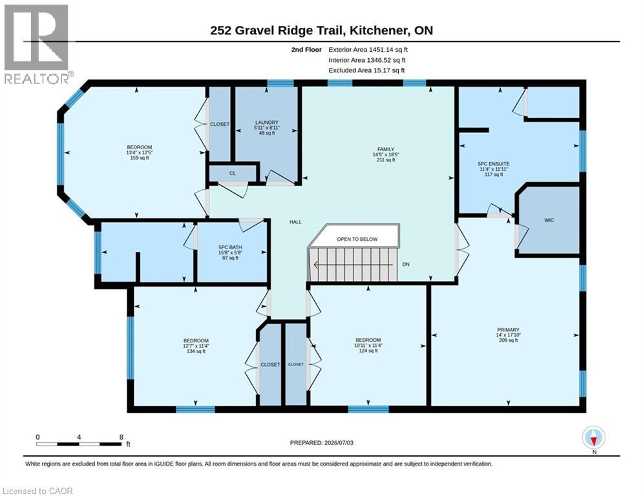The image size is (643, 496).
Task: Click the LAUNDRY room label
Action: [267, 123]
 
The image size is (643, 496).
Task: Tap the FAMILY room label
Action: [386, 150]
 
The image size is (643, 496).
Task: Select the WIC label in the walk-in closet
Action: [549, 220]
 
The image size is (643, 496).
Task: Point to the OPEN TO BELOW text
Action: [357, 239]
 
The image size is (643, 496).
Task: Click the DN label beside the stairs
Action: [406, 264]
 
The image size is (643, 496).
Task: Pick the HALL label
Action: [295, 222]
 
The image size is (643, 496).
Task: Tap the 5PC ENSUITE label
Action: [494, 164]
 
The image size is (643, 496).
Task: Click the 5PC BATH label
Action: [230, 247]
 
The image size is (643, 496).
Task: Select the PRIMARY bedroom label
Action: [508, 330]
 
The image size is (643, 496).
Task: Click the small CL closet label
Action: [233, 173]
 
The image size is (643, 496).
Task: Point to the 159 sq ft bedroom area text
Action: [140, 158]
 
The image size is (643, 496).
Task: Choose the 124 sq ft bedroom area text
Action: [368, 351]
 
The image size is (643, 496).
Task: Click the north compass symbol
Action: [593, 439]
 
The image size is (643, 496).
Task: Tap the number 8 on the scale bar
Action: [121, 437]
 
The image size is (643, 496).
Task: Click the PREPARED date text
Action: [322, 442]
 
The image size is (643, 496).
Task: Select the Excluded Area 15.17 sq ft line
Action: [366, 70]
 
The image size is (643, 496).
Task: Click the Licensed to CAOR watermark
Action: [37, 491]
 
